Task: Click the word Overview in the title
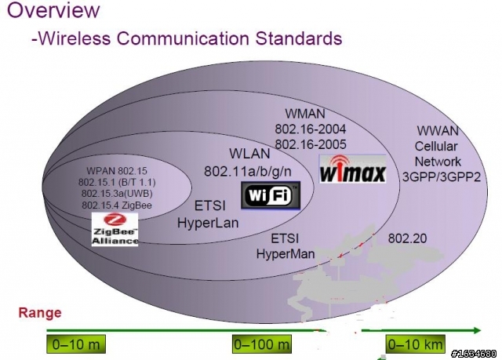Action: click(53, 9)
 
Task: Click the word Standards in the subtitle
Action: click(299, 38)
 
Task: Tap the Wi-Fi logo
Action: click(271, 195)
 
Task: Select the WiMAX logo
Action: click(352, 169)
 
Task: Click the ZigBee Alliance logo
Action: click(115, 230)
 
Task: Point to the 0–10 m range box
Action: click(76, 344)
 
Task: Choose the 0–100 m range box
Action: click(262, 344)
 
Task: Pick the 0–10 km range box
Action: click(416, 344)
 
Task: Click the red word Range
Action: click(40, 313)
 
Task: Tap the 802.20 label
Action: click(407, 238)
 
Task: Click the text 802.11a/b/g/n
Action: click(248, 172)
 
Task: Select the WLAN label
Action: click(249, 154)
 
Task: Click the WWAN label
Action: click(438, 131)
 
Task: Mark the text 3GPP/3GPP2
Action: click(442, 177)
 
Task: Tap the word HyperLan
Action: click(208, 223)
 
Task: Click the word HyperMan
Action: click(286, 254)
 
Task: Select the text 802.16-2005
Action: click(311, 144)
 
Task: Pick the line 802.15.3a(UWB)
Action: click(117, 194)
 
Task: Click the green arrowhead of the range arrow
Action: click(477, 330)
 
